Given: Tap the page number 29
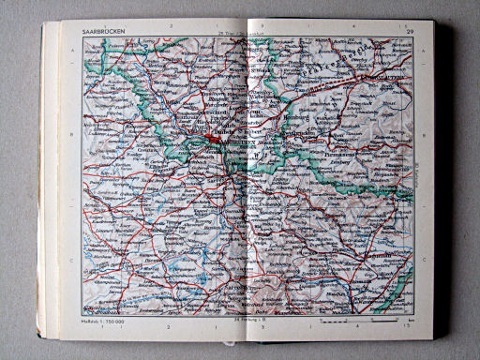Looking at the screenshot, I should pos(410,34).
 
